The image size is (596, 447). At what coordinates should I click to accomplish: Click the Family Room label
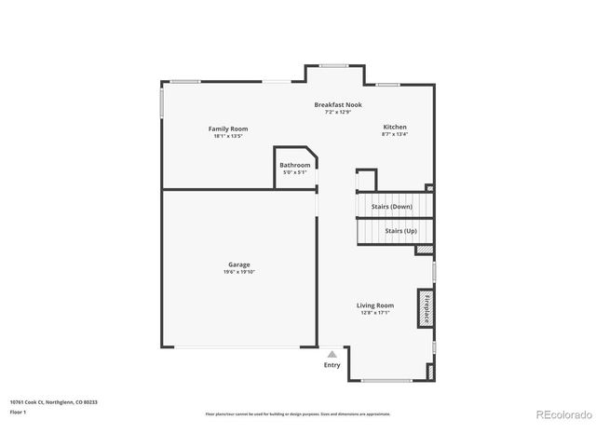(228, 129)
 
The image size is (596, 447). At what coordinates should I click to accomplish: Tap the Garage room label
(238, 264)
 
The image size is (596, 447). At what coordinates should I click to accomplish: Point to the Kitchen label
(395, 127)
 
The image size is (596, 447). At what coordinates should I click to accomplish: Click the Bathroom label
(295, 165)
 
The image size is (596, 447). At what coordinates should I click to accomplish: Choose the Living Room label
(375, 305)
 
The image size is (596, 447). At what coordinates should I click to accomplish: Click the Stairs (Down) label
(391, 207)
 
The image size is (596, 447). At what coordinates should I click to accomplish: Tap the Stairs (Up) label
(400, 230)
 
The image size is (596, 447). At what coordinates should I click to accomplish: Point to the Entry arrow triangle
(332, 354)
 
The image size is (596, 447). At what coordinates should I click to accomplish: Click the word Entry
(332, 365)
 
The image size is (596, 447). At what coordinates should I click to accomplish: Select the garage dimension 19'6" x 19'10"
(238, 272)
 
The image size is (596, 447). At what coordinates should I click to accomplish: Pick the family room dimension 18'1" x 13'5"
(228, 136)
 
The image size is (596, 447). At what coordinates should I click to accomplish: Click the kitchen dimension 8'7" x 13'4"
(395, 134)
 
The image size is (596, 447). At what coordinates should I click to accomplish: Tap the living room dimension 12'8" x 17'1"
(375, 313)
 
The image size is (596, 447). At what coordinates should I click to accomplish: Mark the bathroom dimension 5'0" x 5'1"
(295, 172)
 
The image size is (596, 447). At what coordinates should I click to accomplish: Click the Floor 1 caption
(19, 412)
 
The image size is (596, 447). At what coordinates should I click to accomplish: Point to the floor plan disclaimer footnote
(297, 413)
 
